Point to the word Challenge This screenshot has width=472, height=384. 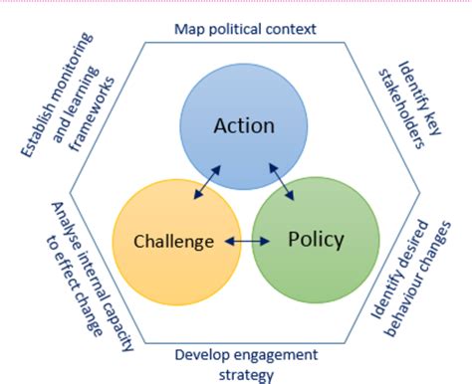(x=175, y=241)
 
